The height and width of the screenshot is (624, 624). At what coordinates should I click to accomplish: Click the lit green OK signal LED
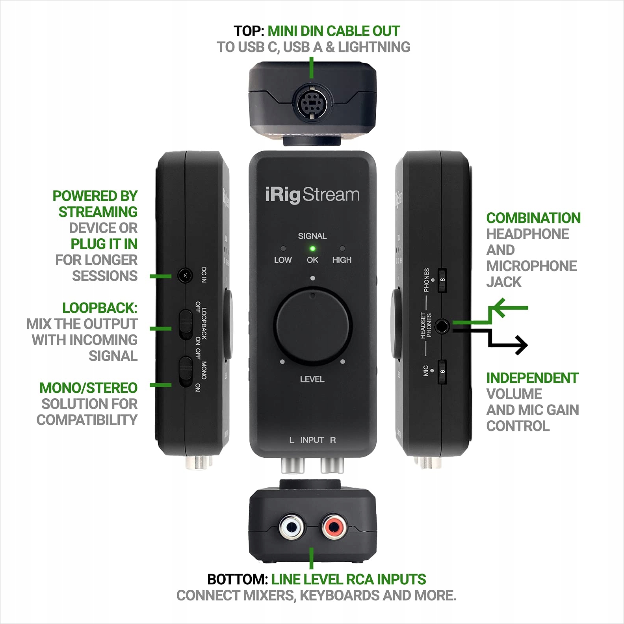pyautogui.click(x=312, y=249)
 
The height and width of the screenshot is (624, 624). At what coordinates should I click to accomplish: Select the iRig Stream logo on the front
pyautogui.click(x=312, y=195)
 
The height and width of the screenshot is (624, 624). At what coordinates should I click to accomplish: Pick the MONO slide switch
pyautogui.click(x=185, y=371)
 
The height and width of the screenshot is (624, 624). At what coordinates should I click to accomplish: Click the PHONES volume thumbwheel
pyautogui.click(x=442, y=280)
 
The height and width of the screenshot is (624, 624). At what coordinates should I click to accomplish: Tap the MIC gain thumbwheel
pyautogui.click(x=442, y=371)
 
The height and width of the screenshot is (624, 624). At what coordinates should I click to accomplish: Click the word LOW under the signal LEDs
pyautogui.click(x=283, y=260)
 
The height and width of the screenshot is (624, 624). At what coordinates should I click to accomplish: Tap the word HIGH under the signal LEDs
pyautogui.click(x=342, y=260)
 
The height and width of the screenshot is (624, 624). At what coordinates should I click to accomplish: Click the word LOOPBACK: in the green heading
pyautogui.click(x=100, y=308)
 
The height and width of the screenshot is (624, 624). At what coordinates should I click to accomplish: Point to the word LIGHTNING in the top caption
pyautogui.click(x=374, y=47)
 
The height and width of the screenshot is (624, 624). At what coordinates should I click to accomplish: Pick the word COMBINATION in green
pyautogui.click(x=533, y=218)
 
